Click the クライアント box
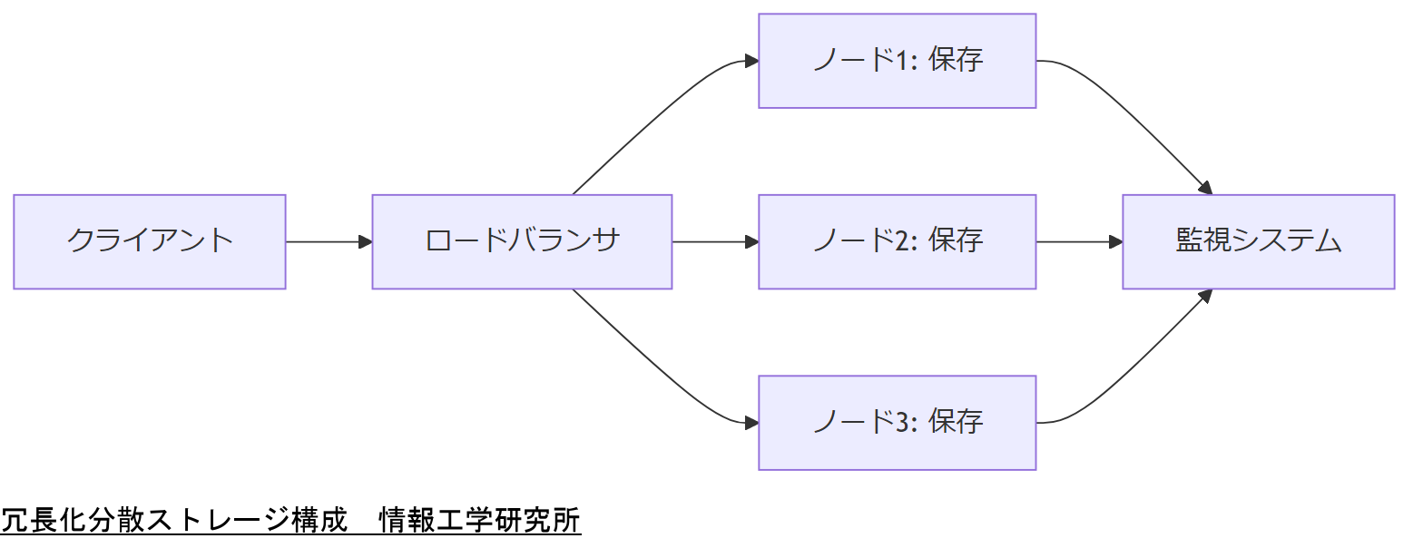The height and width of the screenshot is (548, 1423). point(150,241)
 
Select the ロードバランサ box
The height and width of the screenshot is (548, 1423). point(522,241)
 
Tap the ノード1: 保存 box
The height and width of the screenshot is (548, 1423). point(897,61)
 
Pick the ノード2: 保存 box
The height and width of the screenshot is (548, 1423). point(897,241)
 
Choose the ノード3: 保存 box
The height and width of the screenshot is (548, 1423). point(897,422)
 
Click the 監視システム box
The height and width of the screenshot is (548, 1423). point(1258,241)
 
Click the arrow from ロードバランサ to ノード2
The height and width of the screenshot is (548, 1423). point(715,241)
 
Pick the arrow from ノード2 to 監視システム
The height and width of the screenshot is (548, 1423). point(1079,241)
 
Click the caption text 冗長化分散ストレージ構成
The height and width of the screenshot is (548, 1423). point(174,522)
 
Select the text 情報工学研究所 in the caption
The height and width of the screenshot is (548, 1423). point(479,522)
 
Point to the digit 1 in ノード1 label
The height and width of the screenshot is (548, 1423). point(902,61)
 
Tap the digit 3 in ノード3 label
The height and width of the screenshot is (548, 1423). point(902,422)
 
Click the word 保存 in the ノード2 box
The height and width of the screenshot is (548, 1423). point(956,241)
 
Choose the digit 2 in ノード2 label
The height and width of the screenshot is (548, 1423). point(902,241)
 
